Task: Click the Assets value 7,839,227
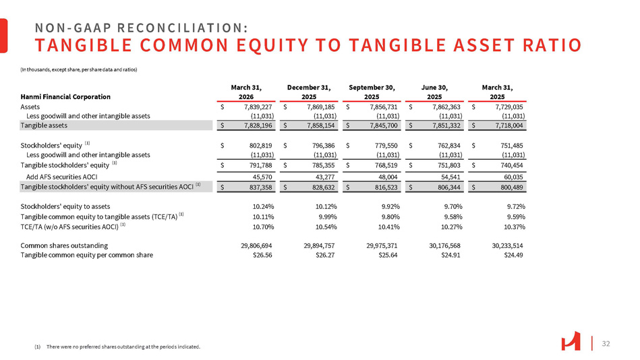(x=257, y=107)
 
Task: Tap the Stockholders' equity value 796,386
(x=320, y=144)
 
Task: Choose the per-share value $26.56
(x=262, y=255)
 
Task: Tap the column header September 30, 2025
(x=372, y=91)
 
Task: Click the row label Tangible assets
(x=44, y=125)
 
